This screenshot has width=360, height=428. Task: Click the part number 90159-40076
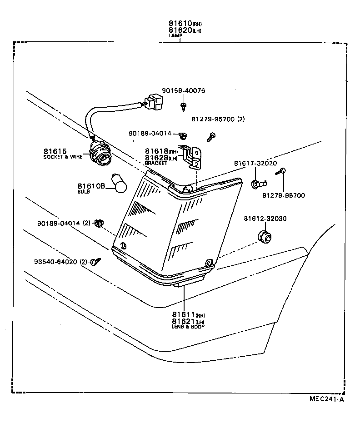[x=183, y=91]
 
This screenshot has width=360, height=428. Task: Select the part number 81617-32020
[x=255, y=163]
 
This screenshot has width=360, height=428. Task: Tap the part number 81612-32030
[x=265, y=219]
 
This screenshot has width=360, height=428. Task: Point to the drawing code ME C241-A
[x=326, y=399]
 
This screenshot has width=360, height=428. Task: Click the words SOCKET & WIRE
[x=63, y=157]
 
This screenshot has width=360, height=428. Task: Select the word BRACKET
[x=156, y=163]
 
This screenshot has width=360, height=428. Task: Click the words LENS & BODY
[x=188, y=326]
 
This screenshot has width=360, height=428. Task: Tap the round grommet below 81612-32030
[x=264, y=236]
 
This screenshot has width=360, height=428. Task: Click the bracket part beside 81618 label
[x=193, y=157]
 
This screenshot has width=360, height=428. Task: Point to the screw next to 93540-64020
[x=95, y=261]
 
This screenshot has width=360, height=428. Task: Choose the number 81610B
[x=91, y=186]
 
